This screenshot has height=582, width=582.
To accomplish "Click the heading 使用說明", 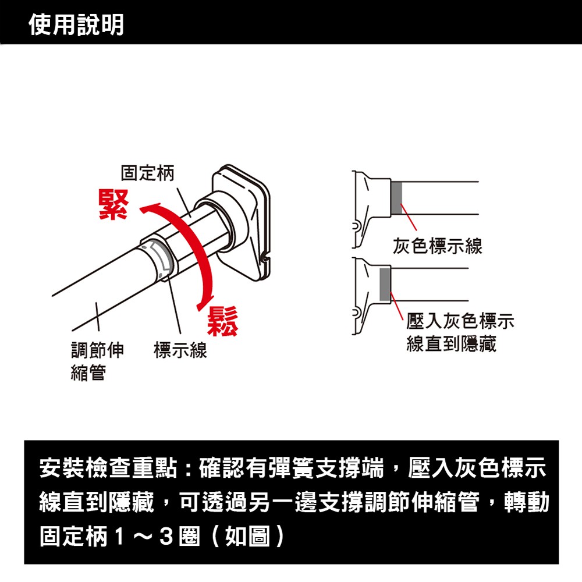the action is click(x=76, y=25).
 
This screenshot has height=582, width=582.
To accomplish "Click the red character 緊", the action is click(x=113, y=204).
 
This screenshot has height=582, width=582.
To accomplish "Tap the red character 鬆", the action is click(x=222, y=321).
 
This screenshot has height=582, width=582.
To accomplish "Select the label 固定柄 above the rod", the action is click(x=147, y=173).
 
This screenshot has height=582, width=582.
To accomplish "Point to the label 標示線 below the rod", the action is click(x=180, y=350).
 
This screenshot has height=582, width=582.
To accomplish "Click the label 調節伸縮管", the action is click(x=97, y=361).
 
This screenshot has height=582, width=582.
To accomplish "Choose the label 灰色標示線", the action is click(x=438, y=246).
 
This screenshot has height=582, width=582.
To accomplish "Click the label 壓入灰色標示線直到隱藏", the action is click(x=460, y=332).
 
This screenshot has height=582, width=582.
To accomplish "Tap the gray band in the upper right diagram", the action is click(x=396, y=198).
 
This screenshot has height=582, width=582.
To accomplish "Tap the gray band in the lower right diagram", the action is click(x=385, y=285).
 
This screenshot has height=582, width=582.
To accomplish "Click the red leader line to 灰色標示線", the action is click(x=409, y=217).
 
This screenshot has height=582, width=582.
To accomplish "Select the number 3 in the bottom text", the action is click(x=166, y=537).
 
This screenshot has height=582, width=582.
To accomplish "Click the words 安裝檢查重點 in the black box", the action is click(x=108, y=468).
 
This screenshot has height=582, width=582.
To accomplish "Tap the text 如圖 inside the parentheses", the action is click(x=247, y=537).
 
